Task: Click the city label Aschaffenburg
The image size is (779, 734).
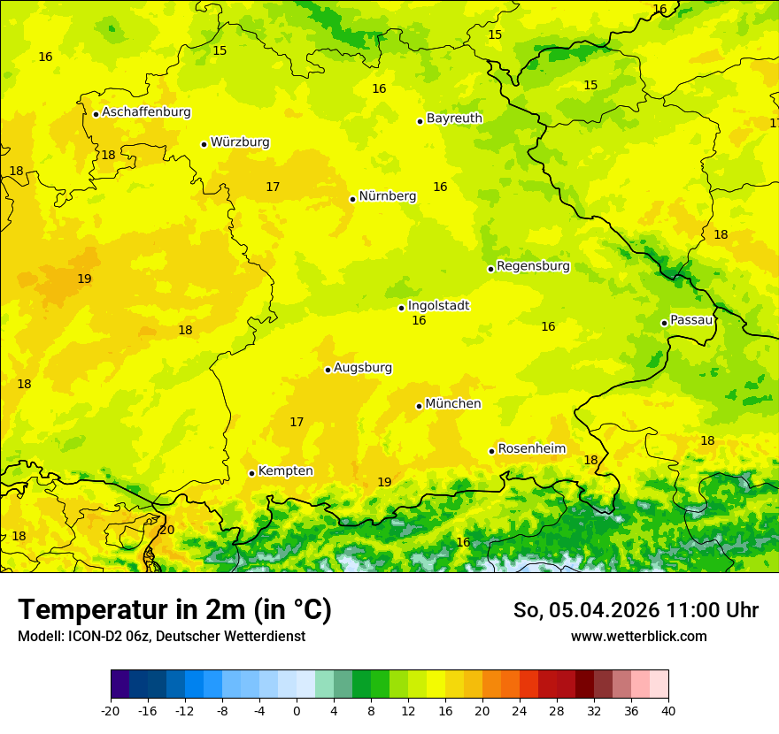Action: coord(146,112)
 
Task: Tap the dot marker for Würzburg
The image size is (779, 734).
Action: coord(204,144)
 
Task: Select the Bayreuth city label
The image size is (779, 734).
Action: coord(454,119)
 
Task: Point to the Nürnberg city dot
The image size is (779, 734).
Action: coord(352,199)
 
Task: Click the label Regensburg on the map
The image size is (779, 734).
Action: coord(533,266)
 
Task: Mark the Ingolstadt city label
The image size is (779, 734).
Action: coord(438,306)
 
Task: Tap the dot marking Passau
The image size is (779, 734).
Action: coord(664,323)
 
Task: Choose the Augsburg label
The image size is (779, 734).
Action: coord(363,368)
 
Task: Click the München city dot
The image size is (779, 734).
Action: coord(420,406)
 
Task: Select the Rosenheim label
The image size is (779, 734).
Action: coord(531,449)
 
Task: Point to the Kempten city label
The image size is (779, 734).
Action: coord(285,471)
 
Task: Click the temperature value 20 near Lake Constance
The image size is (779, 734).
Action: coord(166,530)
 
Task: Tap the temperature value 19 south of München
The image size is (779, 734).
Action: coord(384,482)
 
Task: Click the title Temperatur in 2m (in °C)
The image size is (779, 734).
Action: coord(174,610)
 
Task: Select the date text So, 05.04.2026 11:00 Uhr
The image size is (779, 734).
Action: coord(636,610)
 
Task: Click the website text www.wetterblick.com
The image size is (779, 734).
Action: coord(638,636)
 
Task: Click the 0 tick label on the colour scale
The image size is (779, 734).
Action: coord(297,710)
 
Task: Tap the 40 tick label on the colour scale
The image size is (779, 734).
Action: coord(667,710)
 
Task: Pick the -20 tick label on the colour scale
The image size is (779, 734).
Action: coord(111,710)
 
